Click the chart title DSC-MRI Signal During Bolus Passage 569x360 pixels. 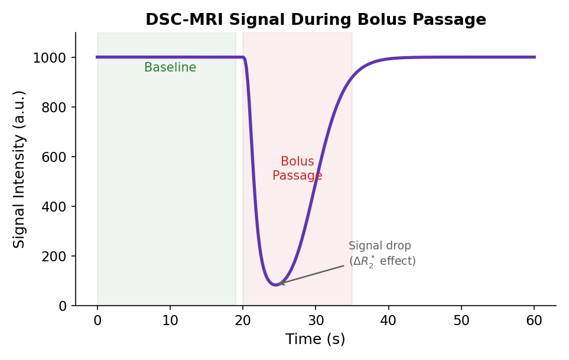316,20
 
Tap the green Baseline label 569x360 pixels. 170,68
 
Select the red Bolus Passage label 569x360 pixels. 297,169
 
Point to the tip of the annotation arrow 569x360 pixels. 278,284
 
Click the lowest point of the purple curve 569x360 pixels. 275,285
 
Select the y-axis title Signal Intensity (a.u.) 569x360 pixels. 19,169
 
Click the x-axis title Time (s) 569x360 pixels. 316,339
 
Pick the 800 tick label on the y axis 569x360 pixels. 54,108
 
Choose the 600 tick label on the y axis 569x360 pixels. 54,157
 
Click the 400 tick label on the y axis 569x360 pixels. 54,207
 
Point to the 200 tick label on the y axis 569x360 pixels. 54,257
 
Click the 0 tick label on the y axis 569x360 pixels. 63,306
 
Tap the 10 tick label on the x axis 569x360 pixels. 170,320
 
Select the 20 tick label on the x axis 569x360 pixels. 243,320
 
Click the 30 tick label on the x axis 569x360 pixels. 316,320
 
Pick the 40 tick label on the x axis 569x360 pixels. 389,320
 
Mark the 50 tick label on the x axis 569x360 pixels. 461,320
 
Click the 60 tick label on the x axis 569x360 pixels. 534,320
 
